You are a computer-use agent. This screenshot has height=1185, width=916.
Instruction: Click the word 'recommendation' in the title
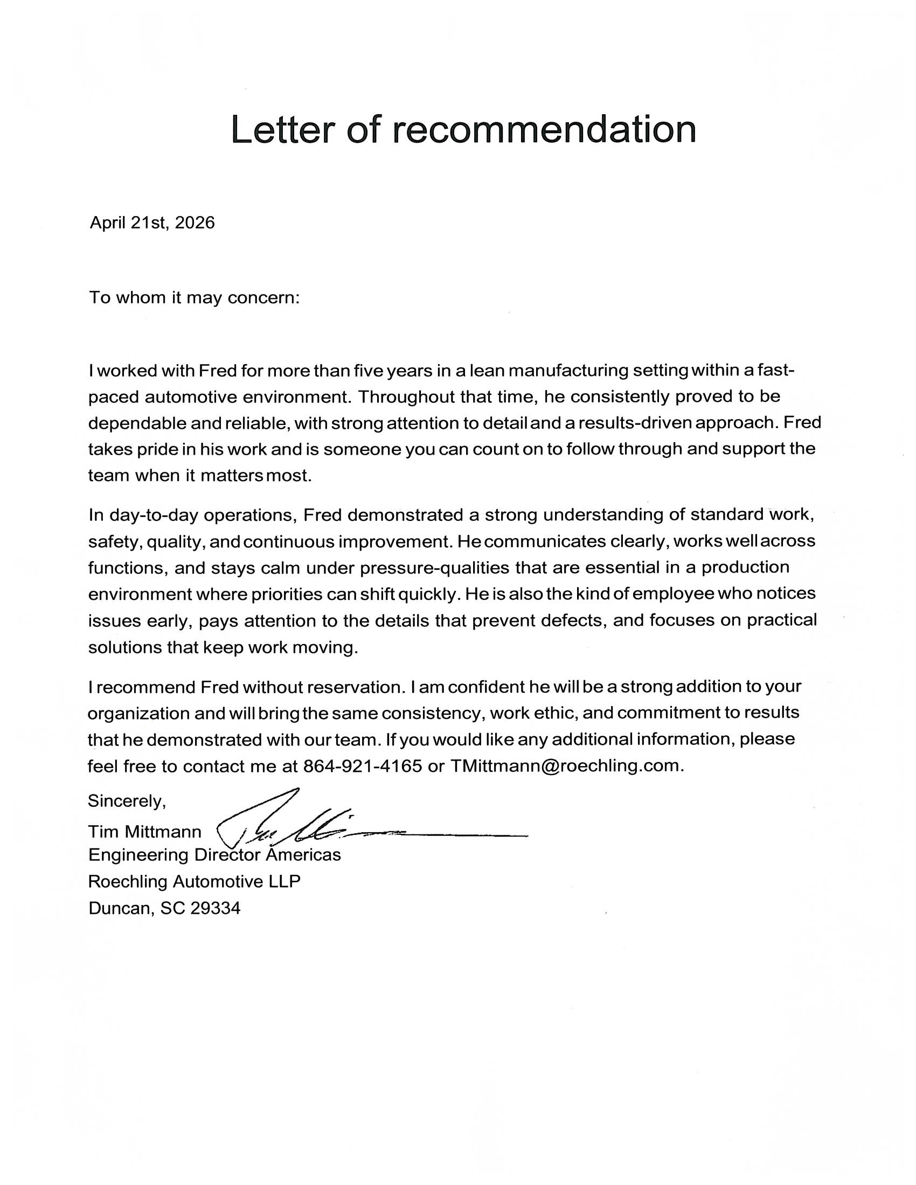tap(544, 130)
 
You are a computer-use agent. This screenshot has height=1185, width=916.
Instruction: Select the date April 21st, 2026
tap(152, 222)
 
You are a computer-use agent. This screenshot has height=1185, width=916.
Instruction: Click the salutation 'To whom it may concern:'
tap(194, 298)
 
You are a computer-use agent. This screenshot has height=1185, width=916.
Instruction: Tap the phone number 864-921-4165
tap(362, 766)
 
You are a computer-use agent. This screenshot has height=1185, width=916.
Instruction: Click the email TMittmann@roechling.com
tap(564, 766)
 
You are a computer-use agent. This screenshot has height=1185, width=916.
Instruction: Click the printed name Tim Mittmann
tap(144, 832)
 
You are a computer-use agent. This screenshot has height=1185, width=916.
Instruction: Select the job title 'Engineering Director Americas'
tap(214, 855)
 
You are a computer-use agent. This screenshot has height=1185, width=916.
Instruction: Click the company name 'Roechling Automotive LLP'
tap(194, 882)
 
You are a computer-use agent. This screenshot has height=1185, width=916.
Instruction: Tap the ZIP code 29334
tap(216, 908)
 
